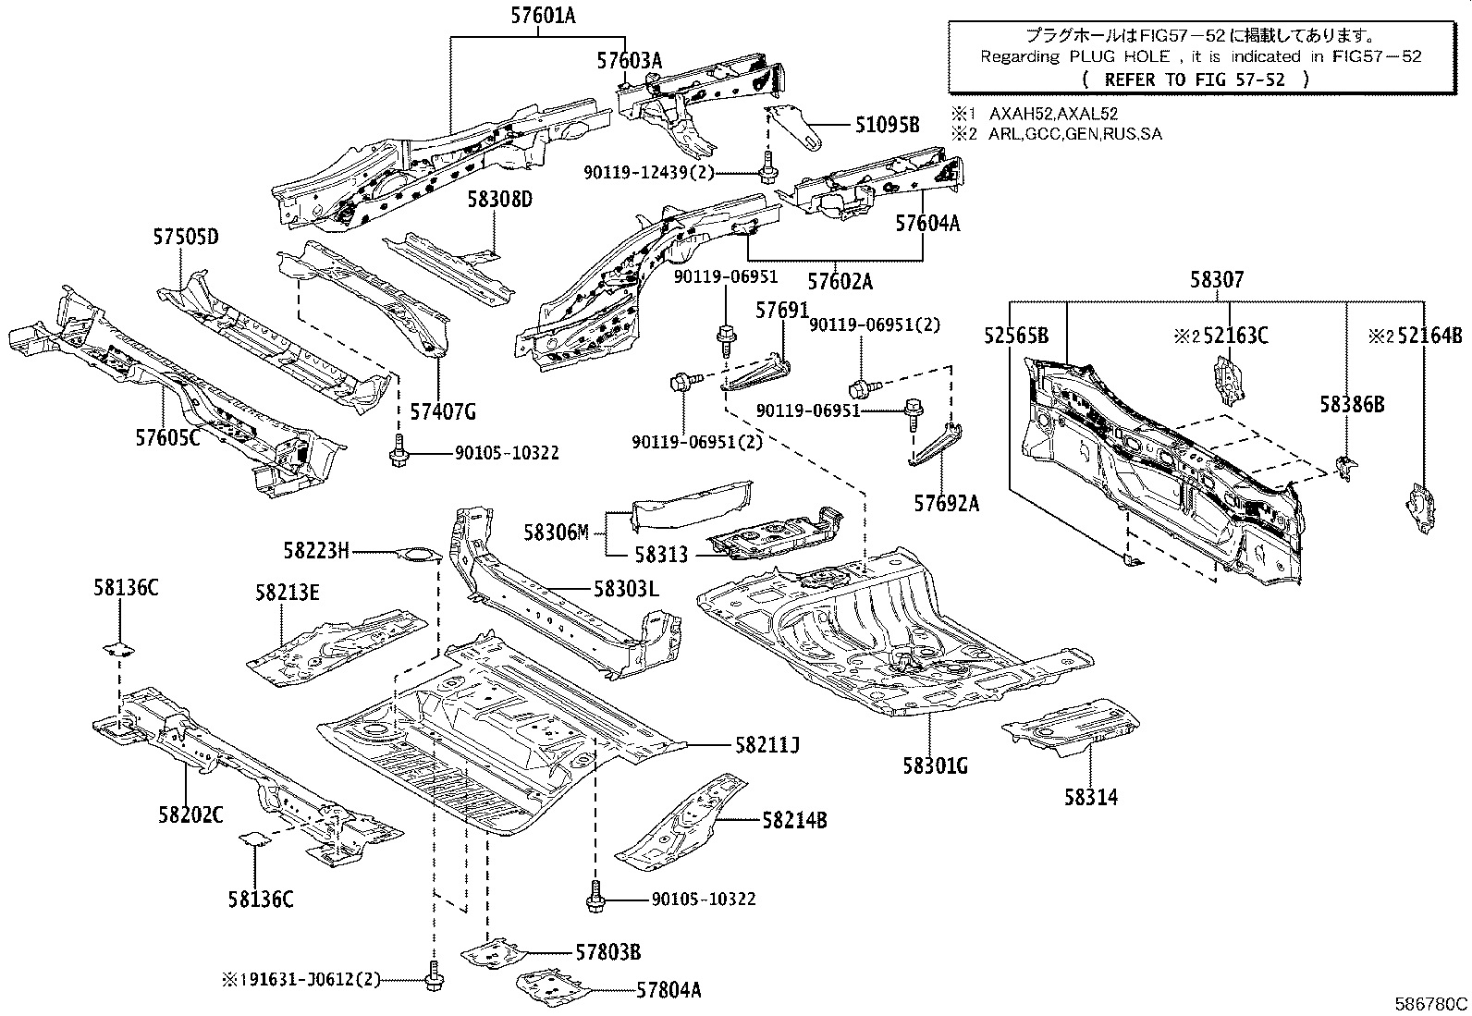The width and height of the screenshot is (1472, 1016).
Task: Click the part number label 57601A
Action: [x=543, y=15]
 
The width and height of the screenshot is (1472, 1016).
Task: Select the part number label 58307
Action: [x=1217, y=281]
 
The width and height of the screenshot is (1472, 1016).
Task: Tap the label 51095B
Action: [x=887, y=124]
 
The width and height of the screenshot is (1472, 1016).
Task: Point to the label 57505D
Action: [x=186, y=237]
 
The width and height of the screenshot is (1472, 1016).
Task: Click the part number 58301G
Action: [x=935, y=765]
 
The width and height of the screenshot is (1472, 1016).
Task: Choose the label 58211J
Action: [x=767, y=744]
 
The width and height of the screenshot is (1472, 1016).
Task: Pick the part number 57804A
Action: [x=669, y=990]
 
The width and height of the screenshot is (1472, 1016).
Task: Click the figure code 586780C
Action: [x=1430, y=1004]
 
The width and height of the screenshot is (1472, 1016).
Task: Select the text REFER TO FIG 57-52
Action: [x=1194, y=80]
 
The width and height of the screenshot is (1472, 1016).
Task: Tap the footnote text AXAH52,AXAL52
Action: [x=1053, y=114]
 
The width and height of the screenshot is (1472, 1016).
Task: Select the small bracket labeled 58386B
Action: [x=1346, y=467]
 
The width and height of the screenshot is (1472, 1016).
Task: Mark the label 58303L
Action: [x=626, y=588]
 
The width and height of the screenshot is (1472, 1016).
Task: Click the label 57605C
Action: [x=167, y=437]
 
